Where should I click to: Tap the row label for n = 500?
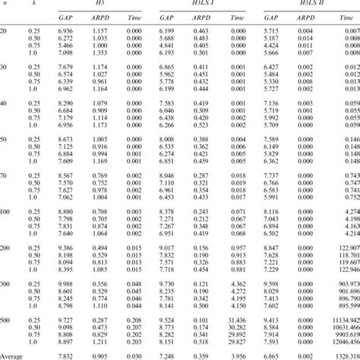click(5, 321)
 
